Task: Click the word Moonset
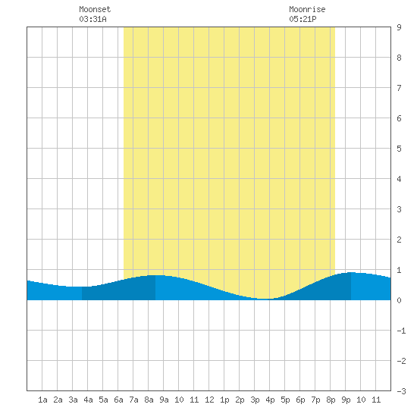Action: (x=95, y=9)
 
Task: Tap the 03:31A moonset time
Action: (x=92, y=19)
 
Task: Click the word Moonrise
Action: (x=307, y=9)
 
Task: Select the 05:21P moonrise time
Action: (x=303, y=19)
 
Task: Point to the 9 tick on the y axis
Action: (x=399, y=27)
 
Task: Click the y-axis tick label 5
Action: (x=399, y=149)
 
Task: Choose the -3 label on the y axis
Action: (x=401, y=391)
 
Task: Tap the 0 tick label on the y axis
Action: (x=399, y=300)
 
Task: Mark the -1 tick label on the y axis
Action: (x=401, y=331)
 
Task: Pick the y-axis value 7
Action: (x=399, y=88)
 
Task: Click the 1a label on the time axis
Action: (x=42, y=400)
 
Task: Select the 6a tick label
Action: (x=118, y=400)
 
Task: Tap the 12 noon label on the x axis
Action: (x=209, y=400)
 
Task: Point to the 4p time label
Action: (x=270, y=400)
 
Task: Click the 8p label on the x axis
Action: (x=331, y=400)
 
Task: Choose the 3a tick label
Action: (x=73, y=400)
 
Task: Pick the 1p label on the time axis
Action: (x=224, y=400)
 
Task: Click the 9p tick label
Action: (x=346, y=400)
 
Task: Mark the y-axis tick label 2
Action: (x=399, y=240)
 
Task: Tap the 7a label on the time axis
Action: (x=133, y=400)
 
